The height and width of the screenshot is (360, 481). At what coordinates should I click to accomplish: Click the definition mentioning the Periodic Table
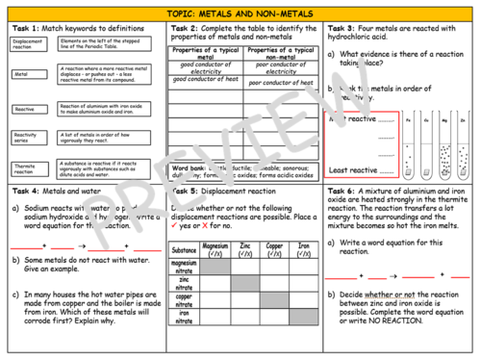(x=107, y=44)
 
